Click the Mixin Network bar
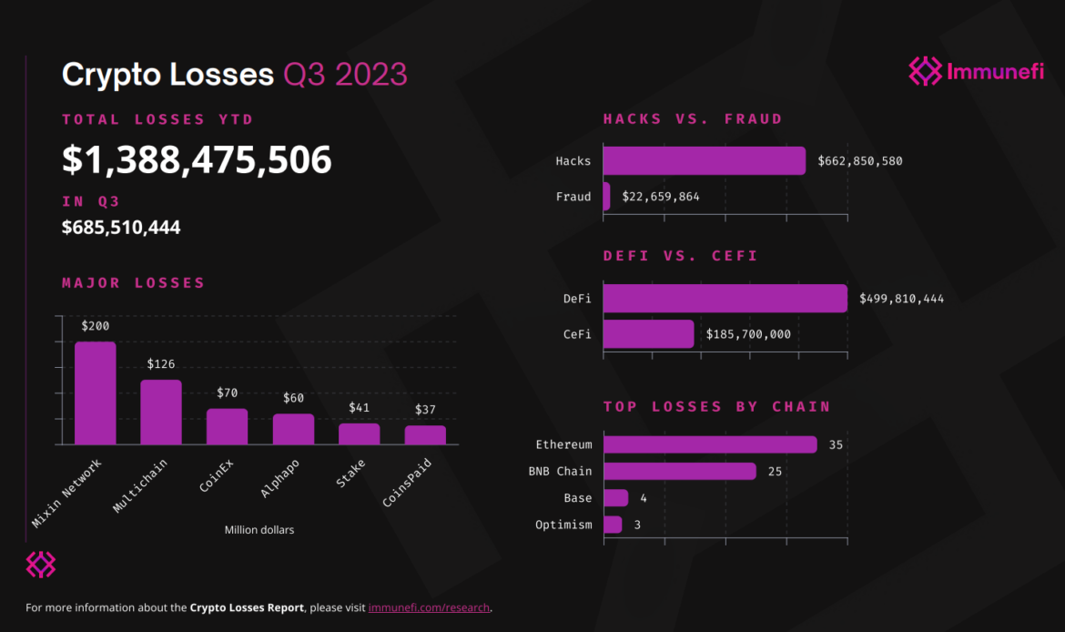[95, 393]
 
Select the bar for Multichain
[161, 412]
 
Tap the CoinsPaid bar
[425, 434]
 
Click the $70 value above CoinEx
[227, 393]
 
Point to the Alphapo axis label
[281, 478]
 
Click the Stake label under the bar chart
[350, 474]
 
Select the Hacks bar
[704, 161]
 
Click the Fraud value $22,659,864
[661, 197]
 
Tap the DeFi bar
[725, 299]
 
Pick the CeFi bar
[648, 334]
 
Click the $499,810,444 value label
[902, 299]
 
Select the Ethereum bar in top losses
[710, 444]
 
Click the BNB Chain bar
[679, 471]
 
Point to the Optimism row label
[563, 525]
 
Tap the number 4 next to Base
[643, 498]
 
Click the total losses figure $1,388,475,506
[197, 160]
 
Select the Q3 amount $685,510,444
[121, 227]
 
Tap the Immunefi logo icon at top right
[925, 71]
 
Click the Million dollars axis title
[259, 530]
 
